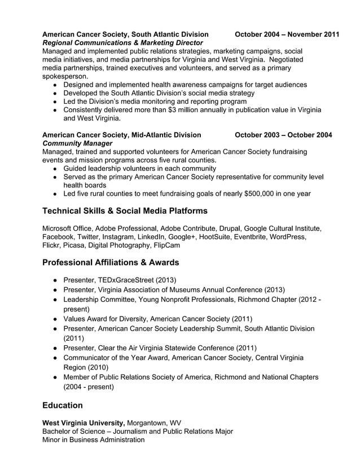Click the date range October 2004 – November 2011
pyautogui.click(x=287, y=34)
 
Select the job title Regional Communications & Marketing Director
pyautogui.click(x=122, y=43)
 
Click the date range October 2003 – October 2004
pyautogui.click(x=283, y=135)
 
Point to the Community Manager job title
pyautogui.click(x=77, y=143)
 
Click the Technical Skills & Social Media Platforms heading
pyautogui.click(x=125, y=211)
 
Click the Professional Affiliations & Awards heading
pyautogui.click(x=111, y=262)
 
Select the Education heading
pyautogui.click(x=63, y=405)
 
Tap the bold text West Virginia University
pyautogui.click(x=84, y=423)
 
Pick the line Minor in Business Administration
pyautogui.click(x=93, y=439)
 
